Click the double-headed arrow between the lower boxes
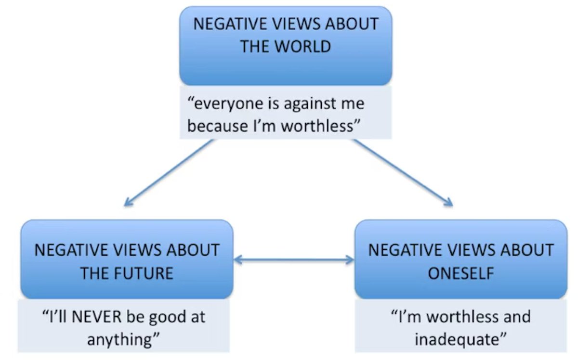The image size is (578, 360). tap(294, 260)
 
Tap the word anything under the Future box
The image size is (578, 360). tap(121, 338)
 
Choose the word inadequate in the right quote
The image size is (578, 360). tap(459, 338)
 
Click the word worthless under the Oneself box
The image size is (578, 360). tap(460, 317)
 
